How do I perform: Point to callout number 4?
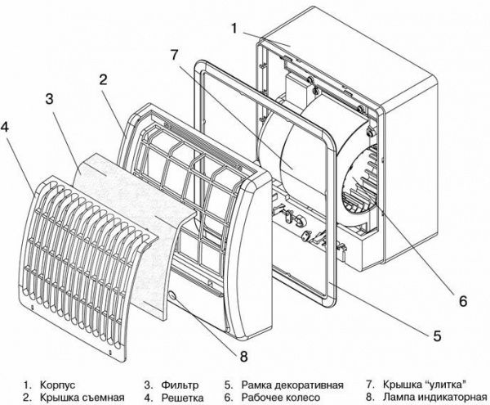7,128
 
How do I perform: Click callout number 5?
436,335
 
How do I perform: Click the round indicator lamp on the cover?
173,295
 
